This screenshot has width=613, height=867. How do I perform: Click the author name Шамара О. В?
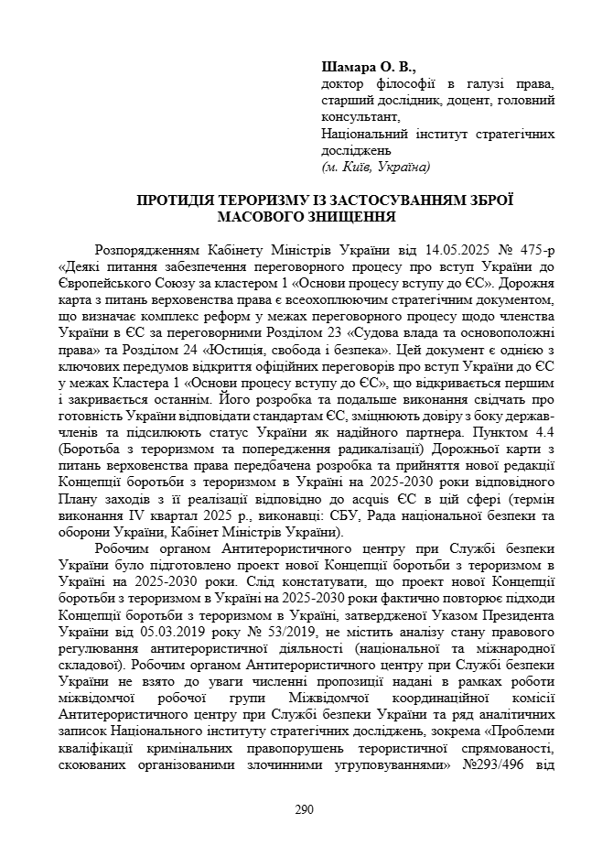coord(369,67)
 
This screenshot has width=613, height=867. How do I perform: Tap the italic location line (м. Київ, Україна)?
coord(376,167)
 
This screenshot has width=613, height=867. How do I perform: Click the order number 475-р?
coord(535,250)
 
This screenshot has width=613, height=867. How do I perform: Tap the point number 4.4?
coord(544,432)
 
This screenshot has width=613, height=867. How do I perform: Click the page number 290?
coord(306,809)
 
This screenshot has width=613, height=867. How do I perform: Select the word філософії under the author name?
coord(403,83)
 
